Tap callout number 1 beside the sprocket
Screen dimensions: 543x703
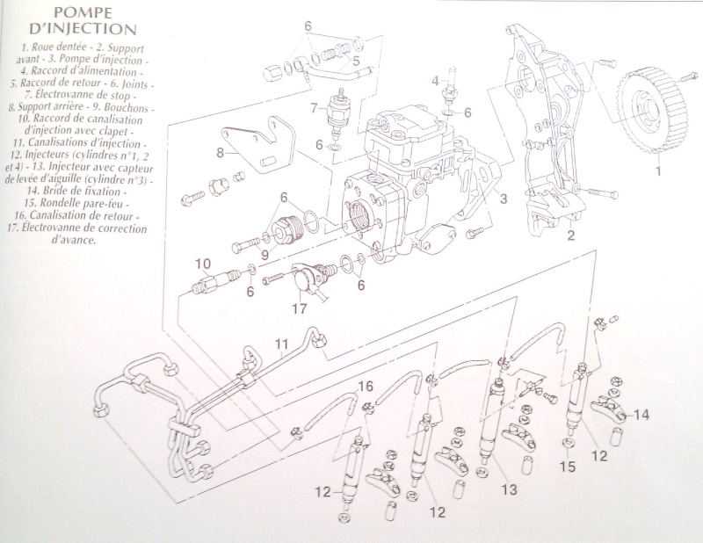point(655,173)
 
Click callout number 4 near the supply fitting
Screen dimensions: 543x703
point(434,82)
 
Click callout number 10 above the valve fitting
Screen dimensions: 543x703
point(202,264)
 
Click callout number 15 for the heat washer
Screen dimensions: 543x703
point(569,467)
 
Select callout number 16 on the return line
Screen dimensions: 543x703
point(366,386)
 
